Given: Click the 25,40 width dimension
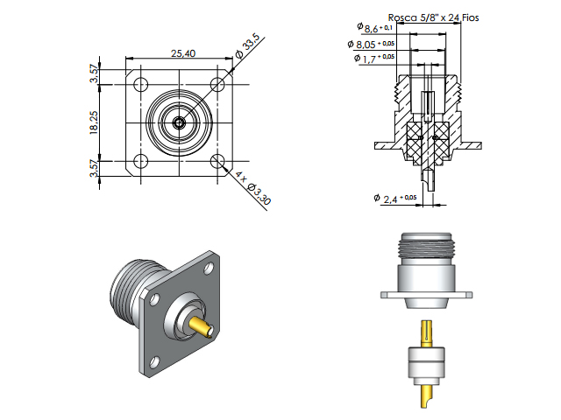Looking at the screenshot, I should (182, 54).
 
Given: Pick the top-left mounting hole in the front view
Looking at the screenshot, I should (140, 84).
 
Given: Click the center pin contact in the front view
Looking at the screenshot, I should (180, 122).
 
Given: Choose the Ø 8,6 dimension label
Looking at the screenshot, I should (373, 30).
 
